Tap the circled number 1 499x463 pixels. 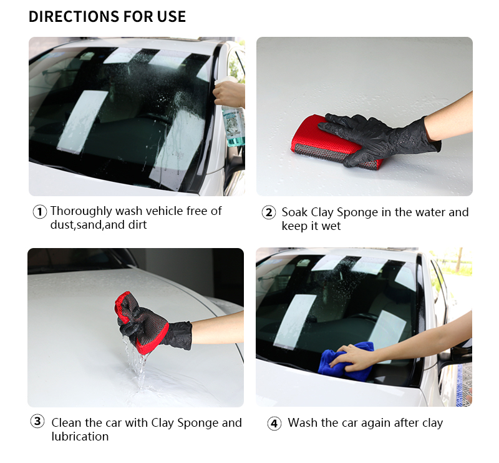click(x=40, y=212)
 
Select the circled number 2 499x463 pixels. click(x=269, y=212)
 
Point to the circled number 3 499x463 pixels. click(x=37, y=421)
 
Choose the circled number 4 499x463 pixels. click(x=274, y=424)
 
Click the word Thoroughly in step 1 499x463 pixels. click(x=81, y=211)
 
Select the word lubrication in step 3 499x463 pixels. click(x=80, y=436)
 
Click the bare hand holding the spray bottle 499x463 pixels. click(x=229, y=94)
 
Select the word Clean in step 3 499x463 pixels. click(x=67, y=423)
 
